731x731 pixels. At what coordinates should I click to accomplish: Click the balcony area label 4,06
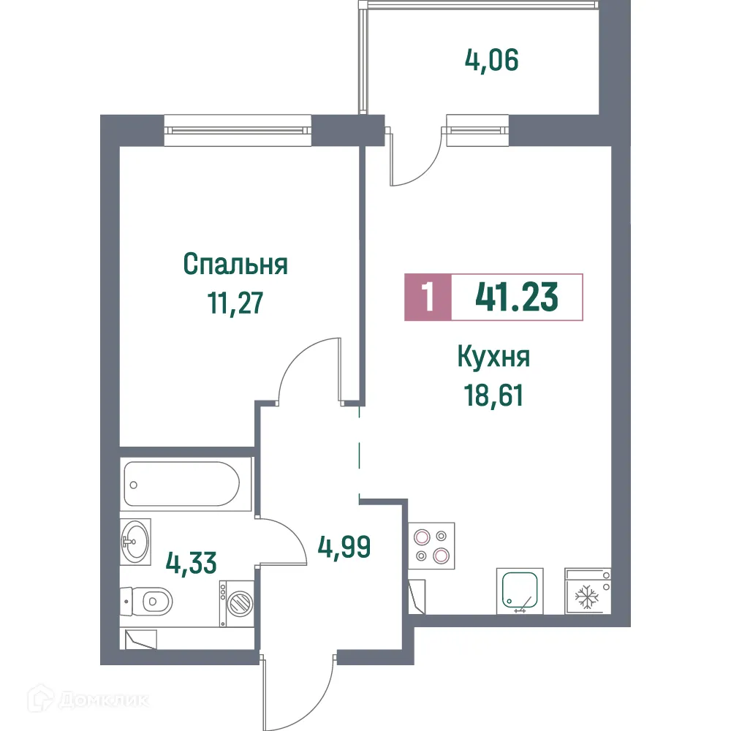pyautogui.click(x=491, y=61)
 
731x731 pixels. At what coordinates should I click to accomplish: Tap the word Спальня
pyautogui.click(x=235, y=264)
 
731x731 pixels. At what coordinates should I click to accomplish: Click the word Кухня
pyautogui.click(x=493, y=358)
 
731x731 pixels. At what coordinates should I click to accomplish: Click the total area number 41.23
pyautogui.click(x=517, y=297)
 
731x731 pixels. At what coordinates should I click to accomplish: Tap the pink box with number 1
pyautogui.click(x=428, y=298)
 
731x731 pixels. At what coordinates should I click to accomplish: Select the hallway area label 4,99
pyautogui.click(x=344, y=545)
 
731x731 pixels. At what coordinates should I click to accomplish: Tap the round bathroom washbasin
pyautogui.click(x=135, y=542)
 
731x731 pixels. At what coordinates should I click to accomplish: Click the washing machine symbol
pyautogui.click(x=237, y=602)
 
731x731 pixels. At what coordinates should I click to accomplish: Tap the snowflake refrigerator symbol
pyautogui.click(x=587, y=596)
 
